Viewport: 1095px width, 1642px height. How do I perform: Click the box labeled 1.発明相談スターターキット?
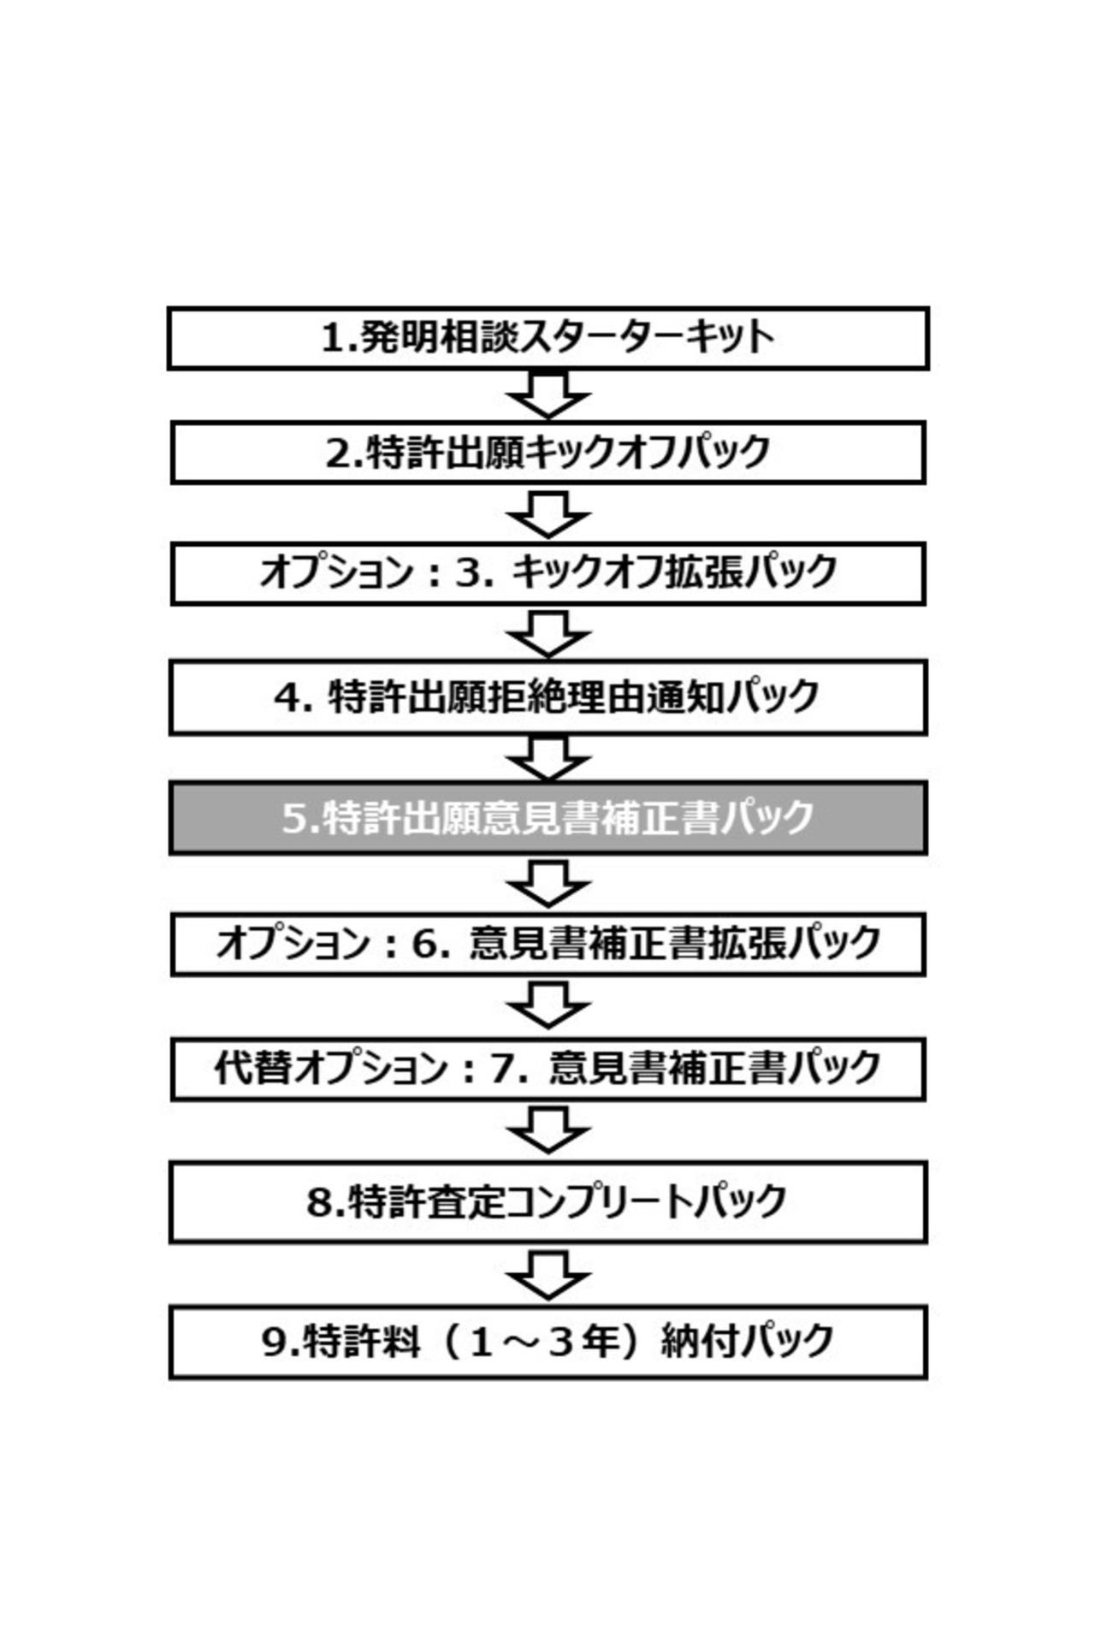point(547,338)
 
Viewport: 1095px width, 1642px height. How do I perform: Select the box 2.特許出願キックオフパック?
point(547,452)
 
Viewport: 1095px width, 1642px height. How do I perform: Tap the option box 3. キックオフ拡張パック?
point(547,572)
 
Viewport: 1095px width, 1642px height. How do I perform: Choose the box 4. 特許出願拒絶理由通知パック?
point(547,697)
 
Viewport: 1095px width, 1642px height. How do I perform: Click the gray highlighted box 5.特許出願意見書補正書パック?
point(547,818)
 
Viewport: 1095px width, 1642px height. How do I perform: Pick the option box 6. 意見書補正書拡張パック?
point(547,944)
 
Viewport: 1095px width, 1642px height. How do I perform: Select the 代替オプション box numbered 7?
point(547,1069)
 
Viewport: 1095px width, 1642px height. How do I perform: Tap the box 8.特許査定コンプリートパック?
point(547,1201)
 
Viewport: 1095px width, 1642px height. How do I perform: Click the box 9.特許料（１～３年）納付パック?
point(547,1341)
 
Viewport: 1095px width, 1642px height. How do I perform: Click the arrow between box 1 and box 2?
point(548,394)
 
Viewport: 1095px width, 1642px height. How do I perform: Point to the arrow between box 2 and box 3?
point(548,513)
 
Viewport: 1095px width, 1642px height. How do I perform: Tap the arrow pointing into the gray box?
point(548,758)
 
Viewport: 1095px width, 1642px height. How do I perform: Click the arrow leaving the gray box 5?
point(548,884)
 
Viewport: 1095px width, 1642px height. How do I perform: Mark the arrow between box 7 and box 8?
point(548,1129)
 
